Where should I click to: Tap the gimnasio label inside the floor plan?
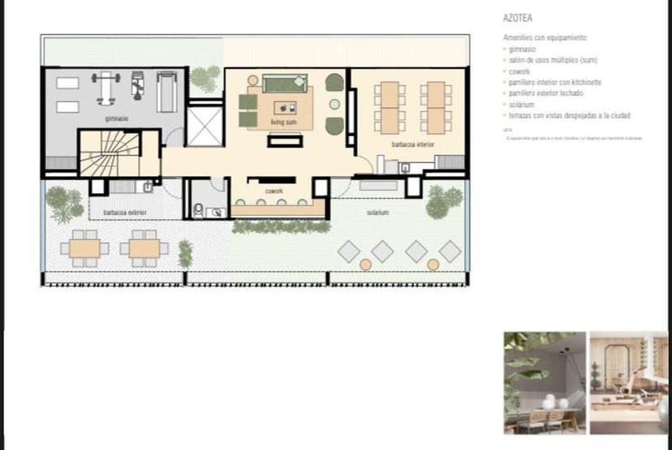116,118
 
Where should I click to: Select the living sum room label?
283,122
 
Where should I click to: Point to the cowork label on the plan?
273,191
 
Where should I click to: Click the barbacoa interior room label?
412,144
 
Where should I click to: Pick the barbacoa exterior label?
124,212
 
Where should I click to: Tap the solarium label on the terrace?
377,212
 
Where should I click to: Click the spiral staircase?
107,153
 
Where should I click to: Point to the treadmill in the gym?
166,92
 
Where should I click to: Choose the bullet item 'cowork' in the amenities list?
519,72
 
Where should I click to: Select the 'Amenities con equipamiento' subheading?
544,38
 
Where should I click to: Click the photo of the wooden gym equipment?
629,382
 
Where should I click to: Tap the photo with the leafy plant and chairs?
545,382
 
